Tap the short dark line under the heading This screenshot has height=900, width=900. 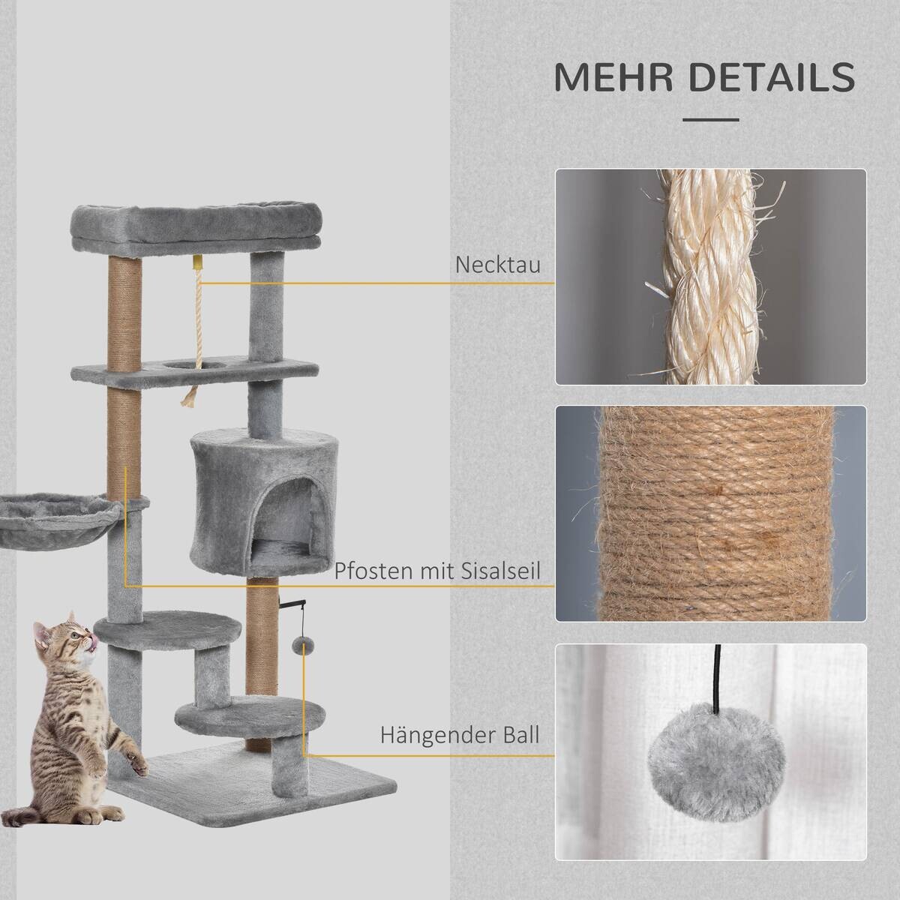(x=711, y=120)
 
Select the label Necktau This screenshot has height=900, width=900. (x=498, y=265)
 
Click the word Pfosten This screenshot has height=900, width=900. (x=367, y=571)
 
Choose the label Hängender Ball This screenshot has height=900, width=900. (x=460, y=735)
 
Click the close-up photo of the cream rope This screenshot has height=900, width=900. (x=710, y=277)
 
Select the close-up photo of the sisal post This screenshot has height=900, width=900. (x=710, y=514)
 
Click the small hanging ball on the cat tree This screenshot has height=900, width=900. (x=299, y=646)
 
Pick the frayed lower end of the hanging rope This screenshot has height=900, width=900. (x=190, y=398)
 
